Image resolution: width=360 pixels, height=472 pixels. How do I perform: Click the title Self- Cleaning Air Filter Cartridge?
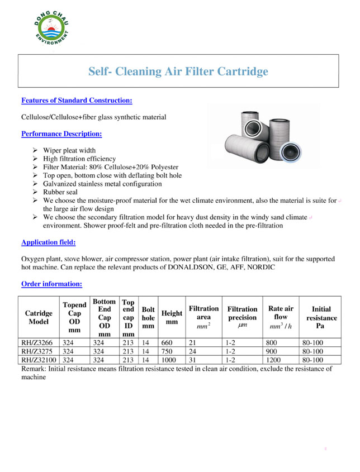point(178,71)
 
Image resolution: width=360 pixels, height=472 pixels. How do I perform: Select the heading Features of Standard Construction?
point(77,101)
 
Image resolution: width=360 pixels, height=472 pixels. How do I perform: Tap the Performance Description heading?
point(61,134)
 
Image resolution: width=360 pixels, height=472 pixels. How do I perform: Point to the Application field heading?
point(48,242)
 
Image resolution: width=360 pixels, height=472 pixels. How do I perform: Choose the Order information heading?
point(51,284)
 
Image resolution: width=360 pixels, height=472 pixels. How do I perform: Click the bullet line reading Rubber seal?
point(60,192)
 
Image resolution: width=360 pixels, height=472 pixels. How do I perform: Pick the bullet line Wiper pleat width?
point(69,150)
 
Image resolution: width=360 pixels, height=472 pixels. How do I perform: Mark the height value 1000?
point(168,360)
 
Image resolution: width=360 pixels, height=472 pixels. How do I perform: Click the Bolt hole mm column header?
point(148,317)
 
